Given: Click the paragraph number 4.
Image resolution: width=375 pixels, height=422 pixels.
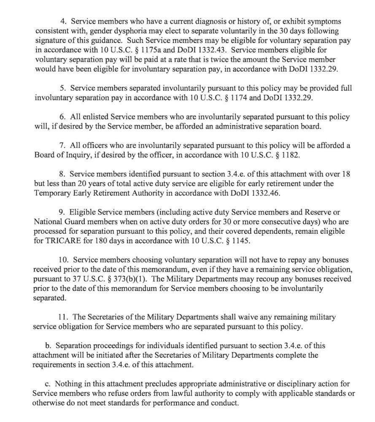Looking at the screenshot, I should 62,21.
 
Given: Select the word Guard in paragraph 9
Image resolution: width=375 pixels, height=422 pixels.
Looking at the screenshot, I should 74,222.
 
